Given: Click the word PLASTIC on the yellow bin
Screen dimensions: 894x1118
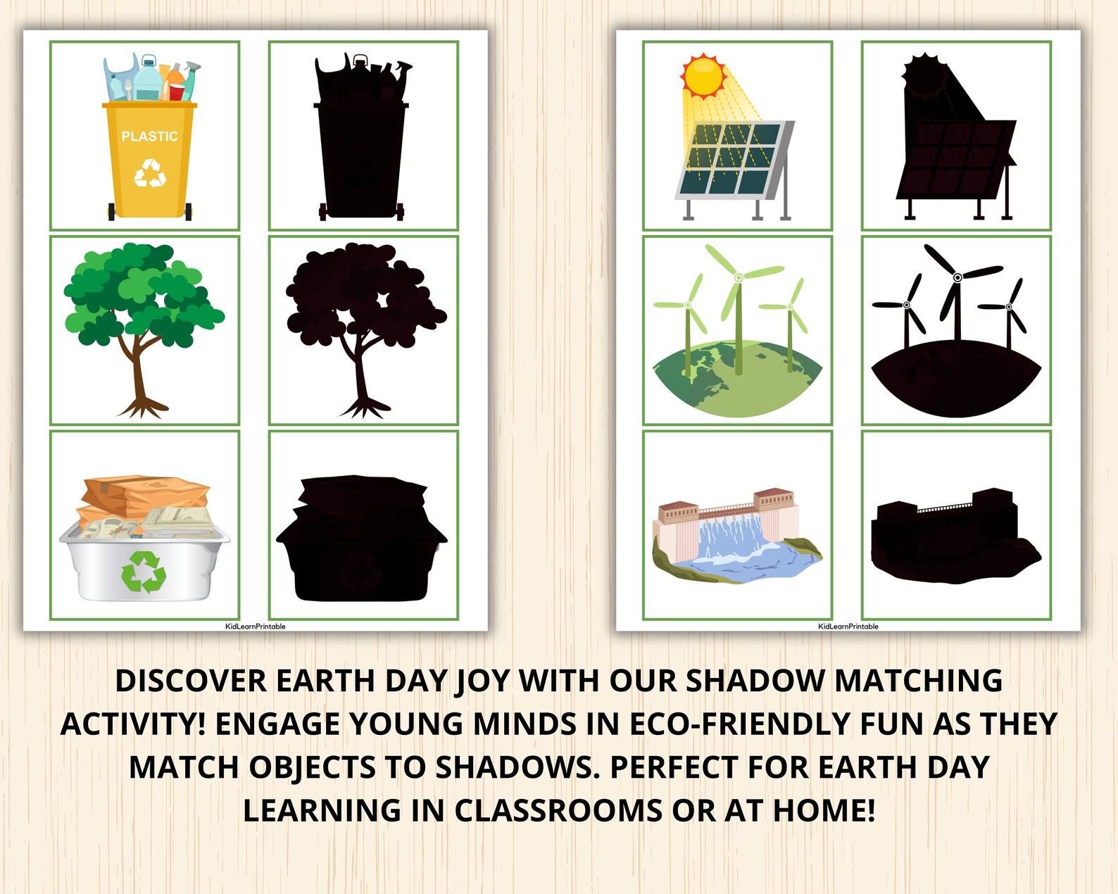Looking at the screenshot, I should tap(149, 137).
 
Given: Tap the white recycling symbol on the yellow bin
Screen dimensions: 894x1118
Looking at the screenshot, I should tap(150, 174).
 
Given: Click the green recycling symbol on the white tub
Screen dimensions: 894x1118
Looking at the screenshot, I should tap(144, 571).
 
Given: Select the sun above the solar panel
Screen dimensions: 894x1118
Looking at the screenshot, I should tap(703, 77).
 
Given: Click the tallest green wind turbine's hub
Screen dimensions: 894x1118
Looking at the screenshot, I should tap(739, 277).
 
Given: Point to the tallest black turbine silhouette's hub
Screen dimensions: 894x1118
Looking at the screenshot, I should tap(957, 277).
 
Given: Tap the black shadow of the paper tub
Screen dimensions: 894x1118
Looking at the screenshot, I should tap(361, 549).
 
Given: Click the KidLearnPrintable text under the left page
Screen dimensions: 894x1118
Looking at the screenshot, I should tap(255, 627).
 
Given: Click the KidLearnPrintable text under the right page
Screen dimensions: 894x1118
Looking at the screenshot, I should tap(848, 627).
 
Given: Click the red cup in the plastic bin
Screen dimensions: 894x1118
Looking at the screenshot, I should tap(177, 92).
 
